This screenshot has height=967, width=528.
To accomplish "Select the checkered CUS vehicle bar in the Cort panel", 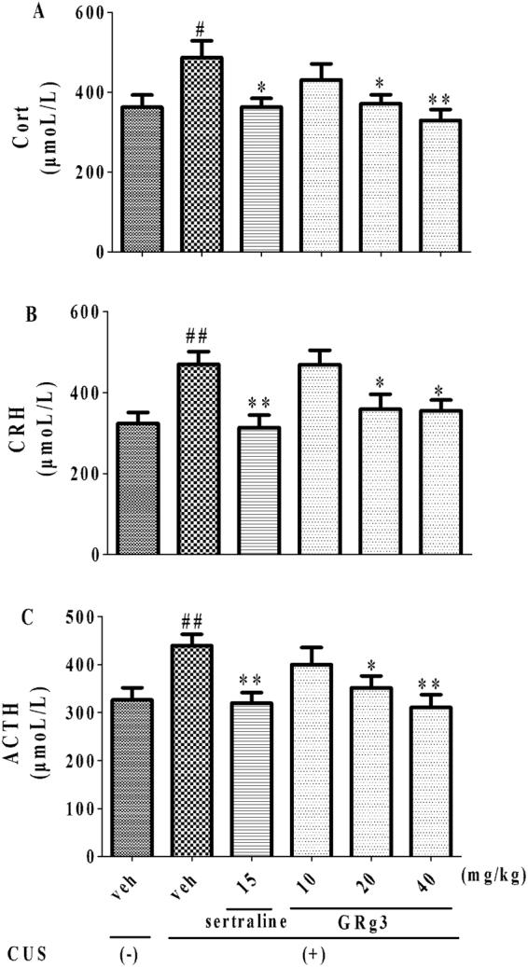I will pos(201,155).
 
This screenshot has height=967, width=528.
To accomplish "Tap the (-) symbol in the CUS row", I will pos(137,955).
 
